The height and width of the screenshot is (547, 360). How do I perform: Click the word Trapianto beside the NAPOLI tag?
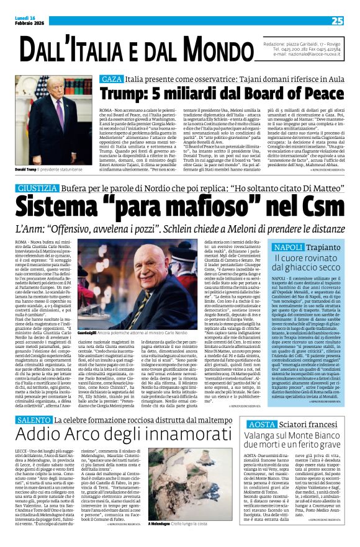(x=305, y=247)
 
